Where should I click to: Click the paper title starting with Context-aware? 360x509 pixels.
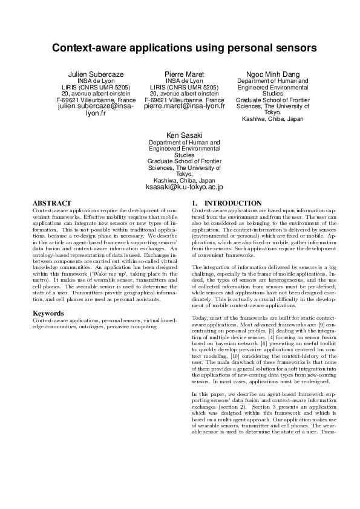(x=180, y=47)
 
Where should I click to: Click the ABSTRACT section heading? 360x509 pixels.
(x=51, y=203)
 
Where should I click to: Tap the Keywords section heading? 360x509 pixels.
(x=48, y=313)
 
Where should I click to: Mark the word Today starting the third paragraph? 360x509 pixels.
(x=200, y=317)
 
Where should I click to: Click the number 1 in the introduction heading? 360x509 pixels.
(x=194, y=203)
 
